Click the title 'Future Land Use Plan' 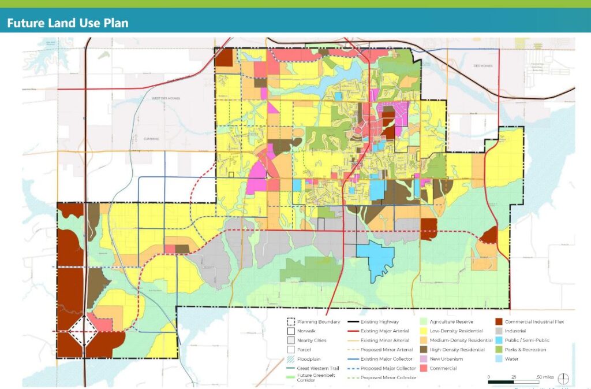pos(67,23)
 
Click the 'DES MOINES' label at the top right pos(484,65)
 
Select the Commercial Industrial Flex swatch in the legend pos(498,321)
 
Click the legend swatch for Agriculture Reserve pos(424,321)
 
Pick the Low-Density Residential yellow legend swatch pos(424,331)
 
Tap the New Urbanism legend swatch pos(424,359)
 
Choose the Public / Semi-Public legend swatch pos(498,340)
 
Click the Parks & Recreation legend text pos(525,350)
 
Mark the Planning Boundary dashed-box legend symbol pos(291,321)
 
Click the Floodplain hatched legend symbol pos(291,359)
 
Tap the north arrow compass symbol pos(564,379)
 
